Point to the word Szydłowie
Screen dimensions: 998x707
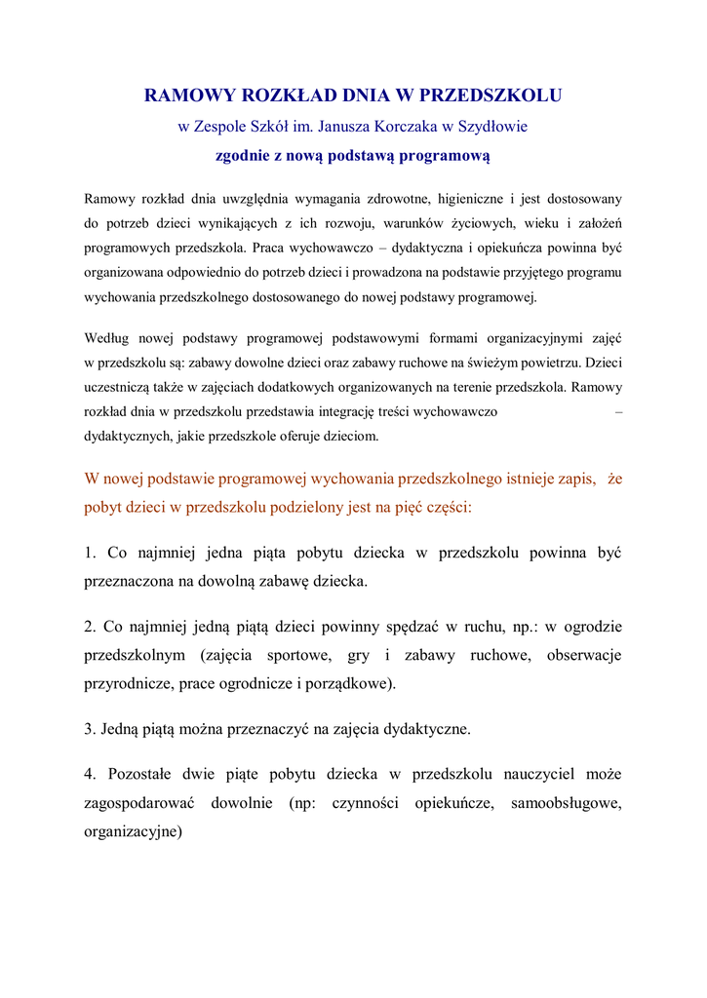click(x=492, y=127)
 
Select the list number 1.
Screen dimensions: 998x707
click(x=90, y=554)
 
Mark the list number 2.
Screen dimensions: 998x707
click(x=90, y=627)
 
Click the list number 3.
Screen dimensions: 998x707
click(x=90, y=728)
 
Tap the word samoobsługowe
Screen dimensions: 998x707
click(x=566, y=804)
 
